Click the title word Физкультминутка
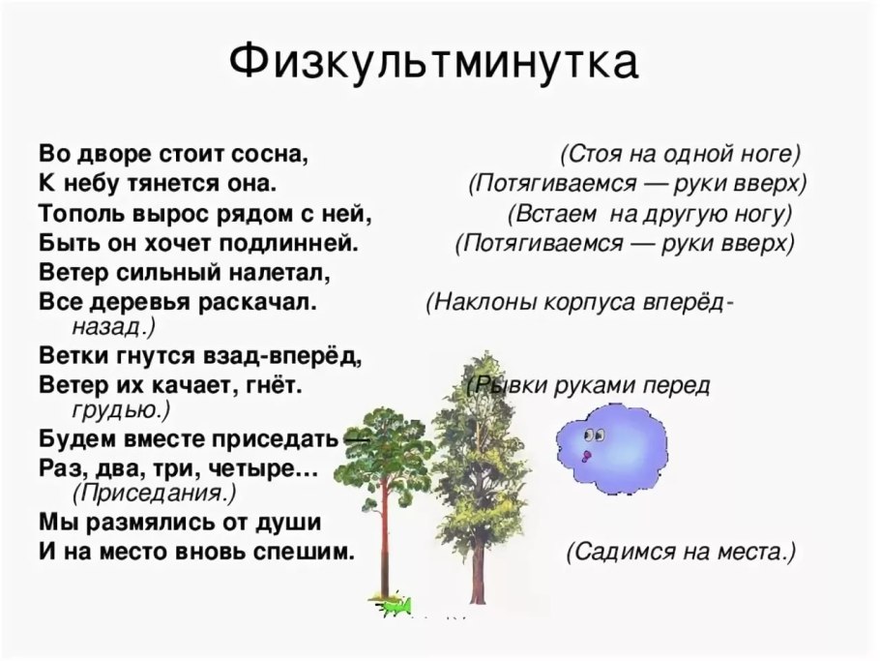tap(434, 63)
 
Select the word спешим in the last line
tap(306, 553)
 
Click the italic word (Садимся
tap(615, 553)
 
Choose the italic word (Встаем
tap(545, 213)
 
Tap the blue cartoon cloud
tap(613, 444)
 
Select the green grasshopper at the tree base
tap(396, 606)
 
